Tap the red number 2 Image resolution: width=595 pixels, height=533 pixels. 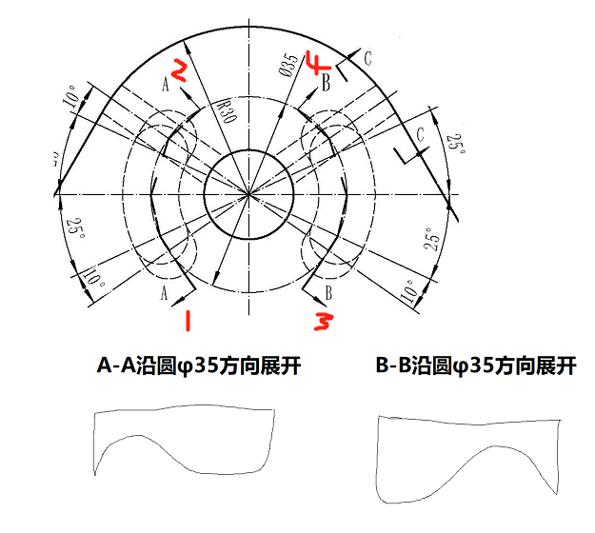pyautogui.click(x=180, y=69)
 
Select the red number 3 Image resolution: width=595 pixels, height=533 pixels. pyautogui.click(x=323, y=322)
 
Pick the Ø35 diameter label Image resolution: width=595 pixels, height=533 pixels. pyautogui.click(x=288, y=65)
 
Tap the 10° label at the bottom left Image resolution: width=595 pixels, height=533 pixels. pyautogui.click(x=92, y=279)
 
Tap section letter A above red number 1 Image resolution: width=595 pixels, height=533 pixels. pyautogui.click(x=166, y=291)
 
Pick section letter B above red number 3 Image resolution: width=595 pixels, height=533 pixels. pyautogui.click(x=328, y=291)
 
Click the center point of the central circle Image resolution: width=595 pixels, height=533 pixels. pyautogui.click(x=249, y=194)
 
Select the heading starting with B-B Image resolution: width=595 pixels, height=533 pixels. pyautogui.click(x=475, y=365)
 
